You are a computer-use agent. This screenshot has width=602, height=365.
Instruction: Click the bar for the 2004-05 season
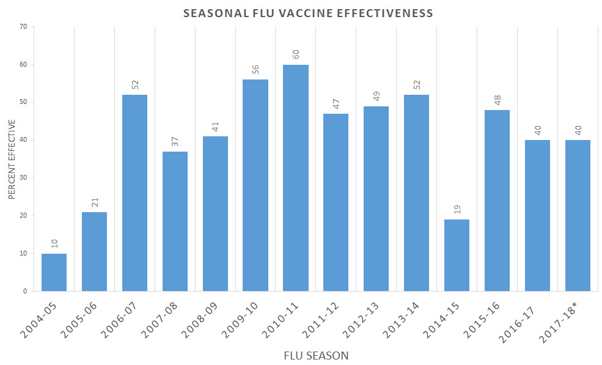pyautogui.click(x=54, y=272)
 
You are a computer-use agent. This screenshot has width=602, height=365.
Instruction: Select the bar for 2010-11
pyautogui.click(x=296, y=178)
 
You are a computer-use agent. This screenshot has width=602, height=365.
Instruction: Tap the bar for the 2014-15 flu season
pyautogui.click(x=457, y=255)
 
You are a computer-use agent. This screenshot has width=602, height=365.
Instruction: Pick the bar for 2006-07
pyautogui.click(x=134, y=193)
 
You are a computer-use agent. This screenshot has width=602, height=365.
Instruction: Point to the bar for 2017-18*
pyautogui.click(x=578, y=215)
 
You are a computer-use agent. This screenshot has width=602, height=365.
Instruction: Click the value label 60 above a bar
pyautogui.click(x=296, y=54)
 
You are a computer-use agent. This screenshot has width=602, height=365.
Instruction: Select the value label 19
pyautogui.click(x=457, y=209)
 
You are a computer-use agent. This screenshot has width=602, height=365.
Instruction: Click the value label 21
pyautogui.click(x=94, y=202)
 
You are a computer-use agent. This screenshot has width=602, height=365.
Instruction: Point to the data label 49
pyautogui.click(x=376, y=96)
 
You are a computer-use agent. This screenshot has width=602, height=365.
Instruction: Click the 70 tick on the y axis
pyautogui.click(x=23, y=26)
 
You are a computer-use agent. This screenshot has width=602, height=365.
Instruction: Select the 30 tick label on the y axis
pyautogui.click(x=23, y=178)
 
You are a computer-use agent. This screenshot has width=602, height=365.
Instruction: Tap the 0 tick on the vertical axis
pyautogui.click(x=25, y=291)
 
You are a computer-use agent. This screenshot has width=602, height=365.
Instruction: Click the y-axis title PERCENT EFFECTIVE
pyautogui.click(x=12, y=159)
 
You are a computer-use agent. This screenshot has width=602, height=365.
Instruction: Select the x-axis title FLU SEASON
pyautogui.click(x=316, y=355)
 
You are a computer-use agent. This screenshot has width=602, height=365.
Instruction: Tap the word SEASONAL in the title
pyautogui.click(x=213, y=13)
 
